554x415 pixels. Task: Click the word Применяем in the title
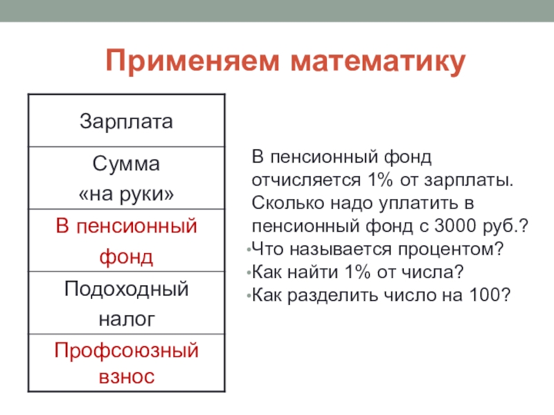click(x=193, y=61)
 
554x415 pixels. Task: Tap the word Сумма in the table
click(x=126, y=164)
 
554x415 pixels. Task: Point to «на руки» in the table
click(x=126, y=194)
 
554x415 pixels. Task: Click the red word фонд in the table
click(x=126, y=257)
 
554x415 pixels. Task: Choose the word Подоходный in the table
click(x=126, y=289)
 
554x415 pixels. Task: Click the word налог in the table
click(x=127, y=319)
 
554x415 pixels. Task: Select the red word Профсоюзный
click(x=126, y=351)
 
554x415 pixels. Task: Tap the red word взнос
click(x=127, y=376)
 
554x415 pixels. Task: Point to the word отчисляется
click(x=306, y=181)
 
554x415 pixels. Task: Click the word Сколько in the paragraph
click(x=288, y=203)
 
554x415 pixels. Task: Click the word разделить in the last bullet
click(x=332, y=296)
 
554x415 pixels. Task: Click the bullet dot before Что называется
click(x=249, y=250)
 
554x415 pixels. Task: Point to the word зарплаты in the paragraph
click(x=469, y=181)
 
